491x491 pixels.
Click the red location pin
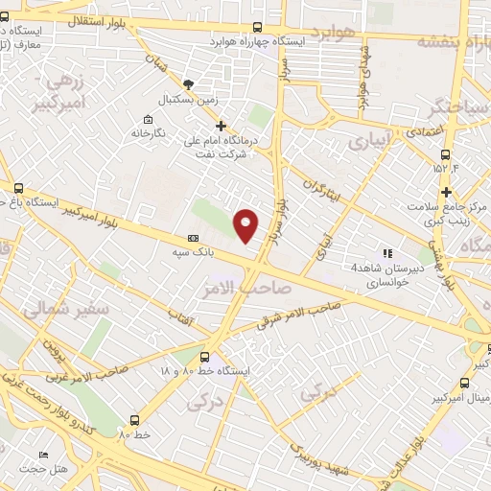[246, 224]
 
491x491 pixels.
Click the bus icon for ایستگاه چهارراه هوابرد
[256, 28]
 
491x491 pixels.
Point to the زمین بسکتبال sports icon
[188, 84]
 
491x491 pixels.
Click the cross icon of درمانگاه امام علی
[221, 126]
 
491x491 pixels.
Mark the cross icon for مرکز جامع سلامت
[446, 193]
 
